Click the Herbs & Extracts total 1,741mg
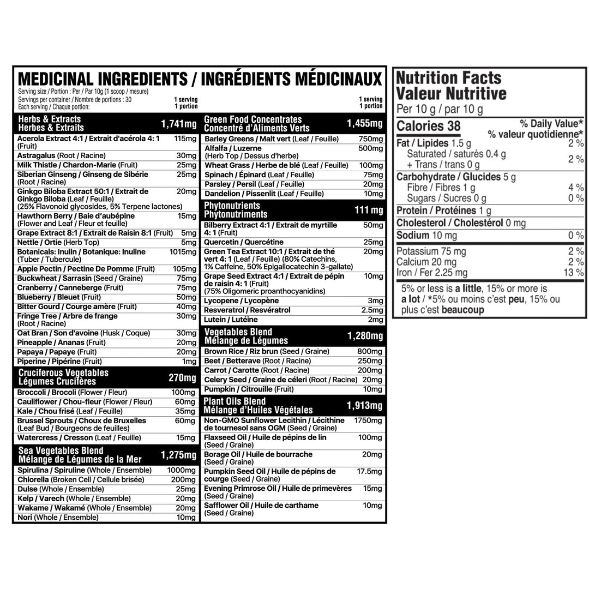[x=178, y=124]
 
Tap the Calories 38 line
[x=429, y=126]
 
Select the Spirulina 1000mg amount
[x=182, y=470]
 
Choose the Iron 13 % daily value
[x=574, y=273]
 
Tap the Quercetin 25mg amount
[x=374, y=242]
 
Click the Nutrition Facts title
[x=448, y=79]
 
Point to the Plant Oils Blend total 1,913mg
[x=364, y=405]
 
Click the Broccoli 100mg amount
[x=183, y=393]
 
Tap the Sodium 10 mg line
[x=426, y=236]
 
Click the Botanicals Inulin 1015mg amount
[x=183, y=252]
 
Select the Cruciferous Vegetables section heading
[x=63, y=377]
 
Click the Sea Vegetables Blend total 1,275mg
[x=178, y=455]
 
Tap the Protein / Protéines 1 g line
[x=444, y=211]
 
